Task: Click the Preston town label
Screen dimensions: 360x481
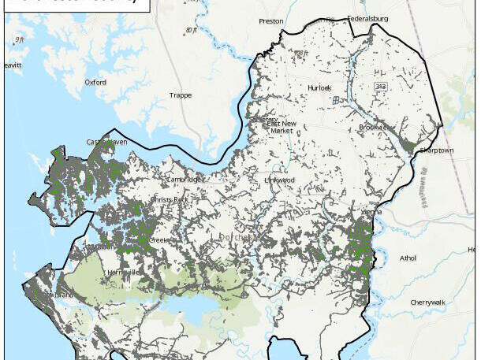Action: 270,21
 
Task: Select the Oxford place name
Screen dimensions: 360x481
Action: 96,81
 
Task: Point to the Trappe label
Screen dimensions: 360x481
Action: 180,95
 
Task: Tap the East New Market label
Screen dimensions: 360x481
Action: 282,128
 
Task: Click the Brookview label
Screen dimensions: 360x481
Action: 374,127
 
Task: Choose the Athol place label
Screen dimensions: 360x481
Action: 408,258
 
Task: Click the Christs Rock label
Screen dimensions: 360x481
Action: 170,200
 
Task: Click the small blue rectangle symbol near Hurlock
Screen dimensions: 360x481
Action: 335,100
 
